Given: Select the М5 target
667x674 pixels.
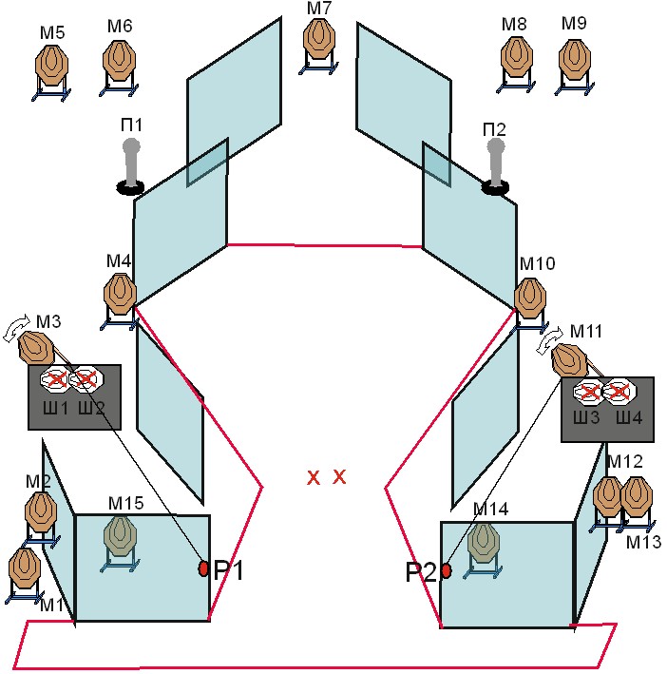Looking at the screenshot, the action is [51, 71].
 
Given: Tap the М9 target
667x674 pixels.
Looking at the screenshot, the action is [575, 67].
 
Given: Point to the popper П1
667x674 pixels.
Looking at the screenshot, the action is [130, 166].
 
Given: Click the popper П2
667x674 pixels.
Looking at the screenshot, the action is [495, 166].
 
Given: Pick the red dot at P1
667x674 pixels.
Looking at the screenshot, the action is [203, 568].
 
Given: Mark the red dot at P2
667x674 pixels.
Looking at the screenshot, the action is [447, 570].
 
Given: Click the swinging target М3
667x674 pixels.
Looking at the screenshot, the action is [36, 347].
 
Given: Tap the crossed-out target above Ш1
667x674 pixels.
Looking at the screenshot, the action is [55, 378].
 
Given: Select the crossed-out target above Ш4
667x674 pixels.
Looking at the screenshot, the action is [619, 392].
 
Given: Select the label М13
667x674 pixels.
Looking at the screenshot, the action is [643, 542].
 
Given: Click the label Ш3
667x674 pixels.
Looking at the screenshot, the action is [586, 417].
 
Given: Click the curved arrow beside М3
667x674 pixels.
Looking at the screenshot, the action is [17, 327].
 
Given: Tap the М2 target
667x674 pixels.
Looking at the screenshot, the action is [41, 519].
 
